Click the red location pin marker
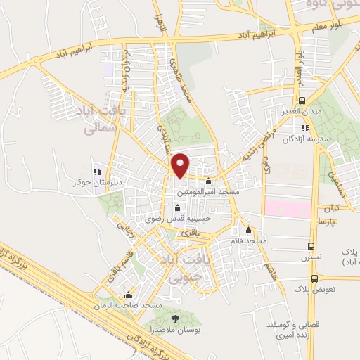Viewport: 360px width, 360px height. [181, 164]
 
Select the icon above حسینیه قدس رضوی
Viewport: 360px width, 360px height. [176, 207]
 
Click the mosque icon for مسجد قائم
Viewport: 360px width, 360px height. [247, 230]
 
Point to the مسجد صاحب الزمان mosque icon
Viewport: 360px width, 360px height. [127, 295]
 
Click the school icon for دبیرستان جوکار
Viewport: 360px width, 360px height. [97, 171]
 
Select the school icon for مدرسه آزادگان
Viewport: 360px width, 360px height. [304, 128]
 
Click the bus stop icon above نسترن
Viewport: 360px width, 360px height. [311, 247]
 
